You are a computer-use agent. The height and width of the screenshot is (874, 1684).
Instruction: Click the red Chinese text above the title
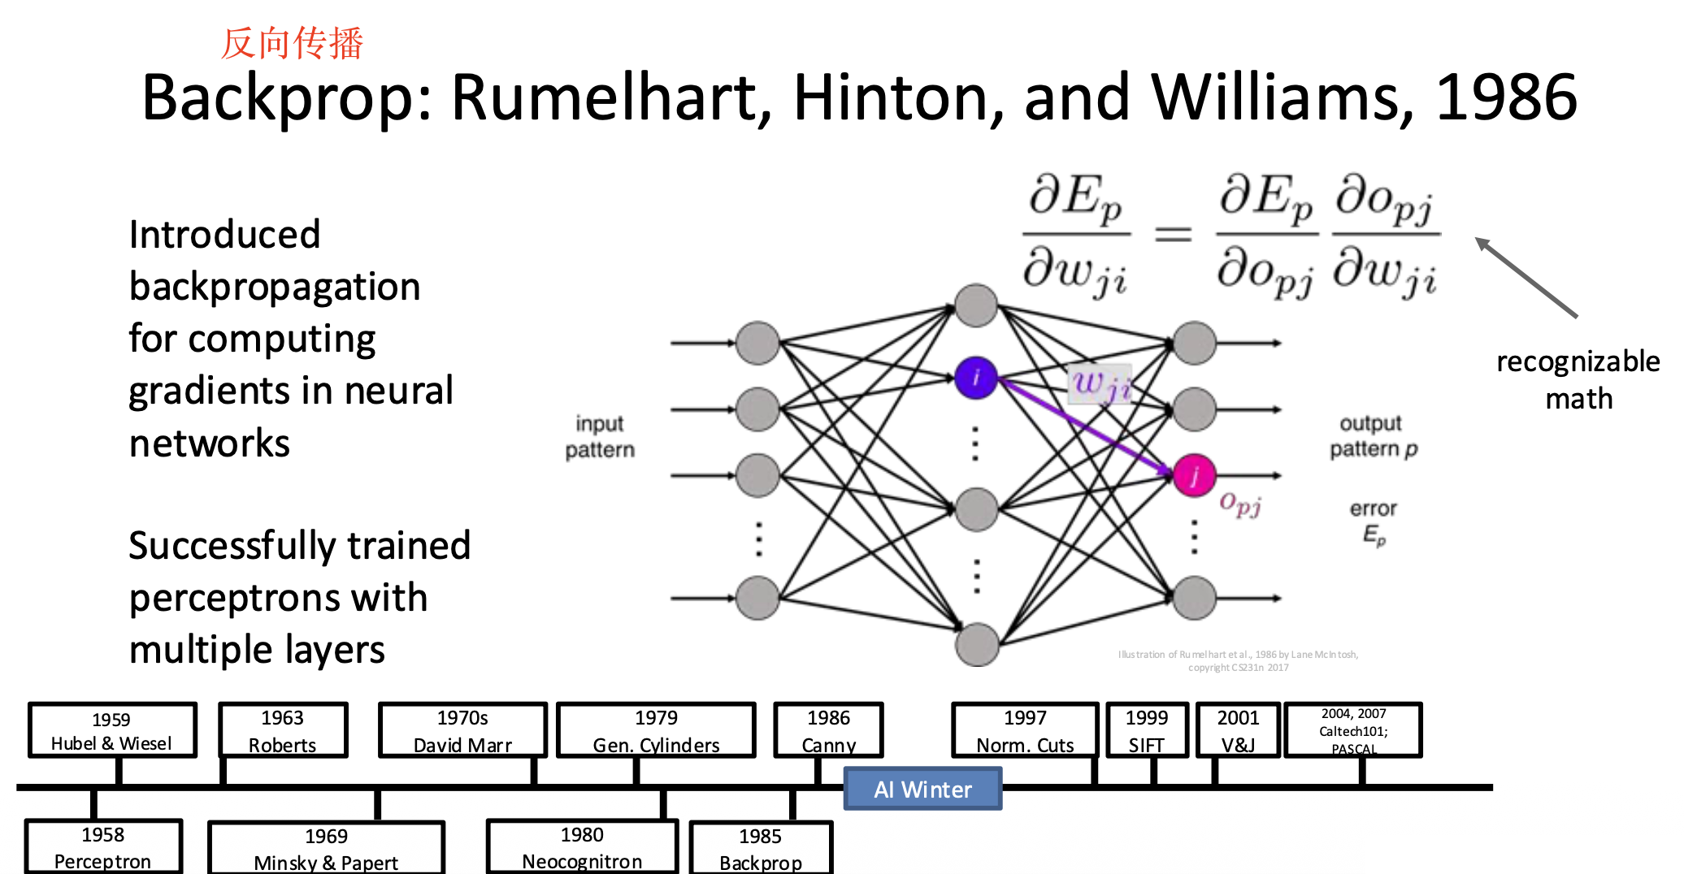tap(292, 43)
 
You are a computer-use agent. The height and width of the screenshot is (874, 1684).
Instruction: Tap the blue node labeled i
tap(975, 378)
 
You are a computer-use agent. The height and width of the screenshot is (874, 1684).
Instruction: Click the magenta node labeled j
tap(1194, 475)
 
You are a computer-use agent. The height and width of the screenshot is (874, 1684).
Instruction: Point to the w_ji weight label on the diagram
tap(1100, 383)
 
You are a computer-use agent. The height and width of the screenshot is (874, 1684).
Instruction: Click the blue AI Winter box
tap(922, 789)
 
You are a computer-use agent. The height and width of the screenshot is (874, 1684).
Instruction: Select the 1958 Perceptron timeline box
tap(103, 846)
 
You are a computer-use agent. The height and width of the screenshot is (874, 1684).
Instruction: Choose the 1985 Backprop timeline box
tap(761, 848)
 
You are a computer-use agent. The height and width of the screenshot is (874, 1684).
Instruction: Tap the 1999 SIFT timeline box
tap(1146, 730)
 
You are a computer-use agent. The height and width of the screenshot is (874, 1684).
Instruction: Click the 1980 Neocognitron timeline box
tap(582, 846)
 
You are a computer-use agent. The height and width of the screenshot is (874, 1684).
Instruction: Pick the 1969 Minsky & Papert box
tap(326, 848)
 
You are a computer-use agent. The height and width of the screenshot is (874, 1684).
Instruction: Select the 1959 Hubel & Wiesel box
tap(112, 730)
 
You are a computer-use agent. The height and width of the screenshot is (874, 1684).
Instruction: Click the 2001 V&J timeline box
tap(1238, 730)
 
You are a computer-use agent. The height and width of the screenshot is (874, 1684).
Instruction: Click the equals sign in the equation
tap(1173, 235)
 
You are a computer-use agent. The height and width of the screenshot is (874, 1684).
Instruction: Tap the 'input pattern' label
tap(600, 436)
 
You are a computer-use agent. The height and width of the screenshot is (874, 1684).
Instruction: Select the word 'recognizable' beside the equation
tap(1578, 361)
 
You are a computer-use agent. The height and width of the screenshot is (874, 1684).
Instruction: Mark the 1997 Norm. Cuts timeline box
tap(1025, 730)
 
